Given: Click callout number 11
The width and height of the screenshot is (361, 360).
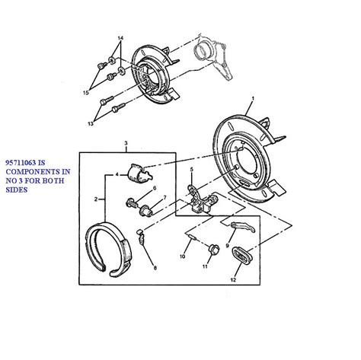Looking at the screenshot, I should pyautogui.click(x=205, y=266).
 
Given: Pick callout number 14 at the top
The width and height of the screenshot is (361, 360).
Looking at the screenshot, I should pyautogui.click(x=120, y=38).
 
